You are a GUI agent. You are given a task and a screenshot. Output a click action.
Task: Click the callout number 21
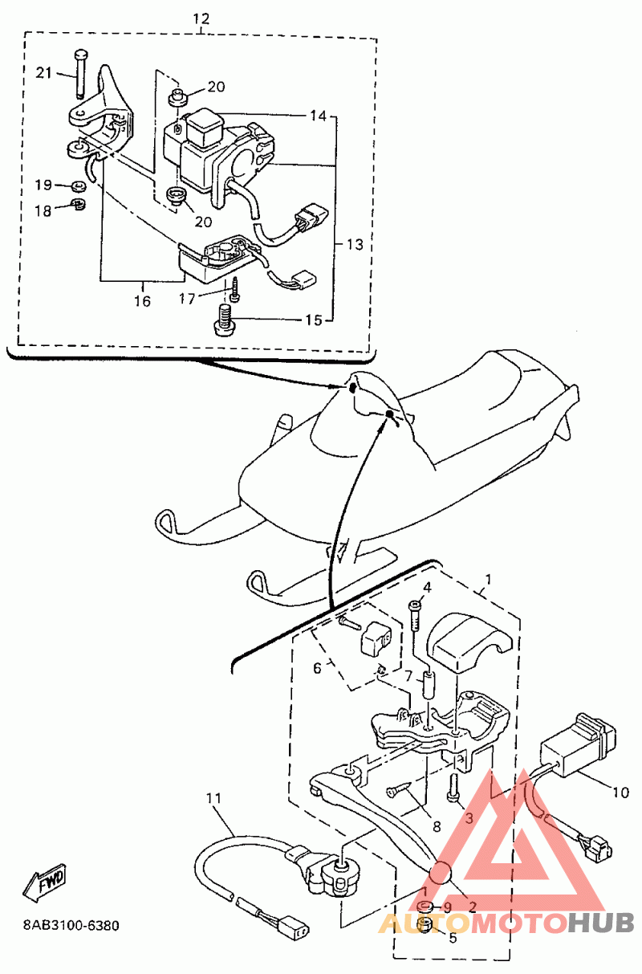click(43, 72)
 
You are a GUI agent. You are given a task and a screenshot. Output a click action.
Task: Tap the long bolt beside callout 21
click(81, 74)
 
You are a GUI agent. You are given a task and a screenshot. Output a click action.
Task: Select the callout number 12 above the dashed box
click(201, 18)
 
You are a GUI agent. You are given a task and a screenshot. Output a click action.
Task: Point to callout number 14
click(318, 116)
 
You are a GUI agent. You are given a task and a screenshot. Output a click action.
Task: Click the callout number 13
click(355, 244)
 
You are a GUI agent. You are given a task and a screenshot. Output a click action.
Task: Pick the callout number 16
click(142, 301)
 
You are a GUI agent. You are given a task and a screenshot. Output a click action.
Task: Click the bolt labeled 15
click(223, 319)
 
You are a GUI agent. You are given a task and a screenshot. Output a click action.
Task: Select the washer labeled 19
click(79, 185)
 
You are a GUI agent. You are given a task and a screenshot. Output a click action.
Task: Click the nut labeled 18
click(78, 203)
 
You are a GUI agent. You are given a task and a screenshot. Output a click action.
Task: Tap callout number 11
click(213, 798)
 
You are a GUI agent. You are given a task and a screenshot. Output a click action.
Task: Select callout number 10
click(620, 793)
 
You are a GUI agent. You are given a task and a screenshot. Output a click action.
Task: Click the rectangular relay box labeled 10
click(577, 747)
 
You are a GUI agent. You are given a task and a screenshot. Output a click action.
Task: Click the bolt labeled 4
click(416, 615)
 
